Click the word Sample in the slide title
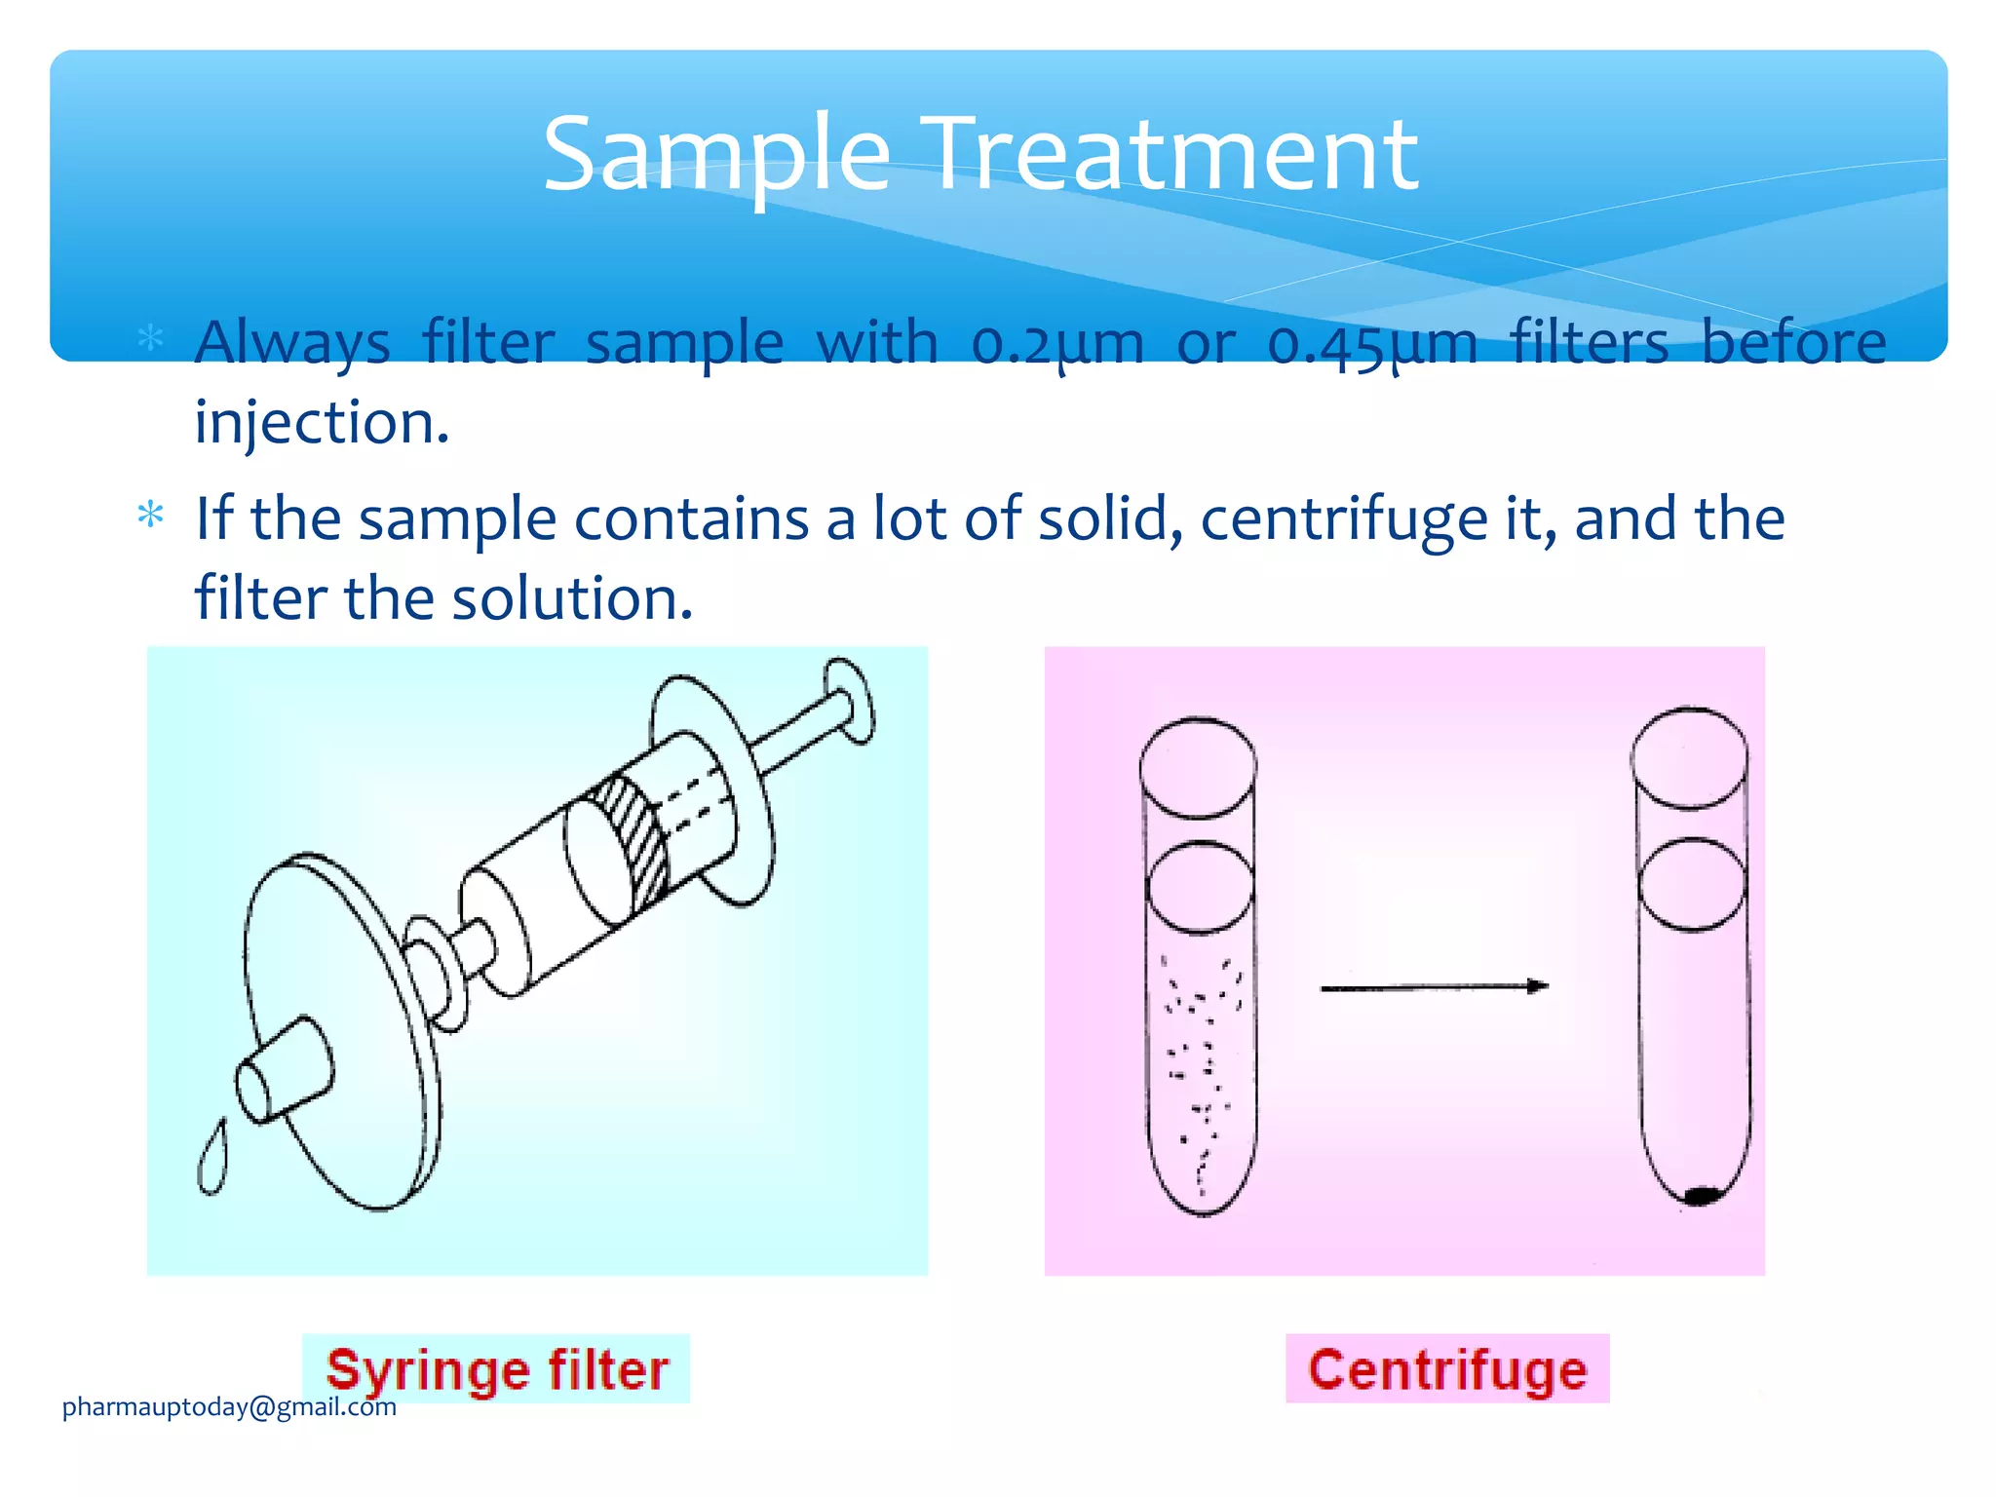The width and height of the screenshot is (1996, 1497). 716,154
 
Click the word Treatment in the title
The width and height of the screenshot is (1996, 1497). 1174,154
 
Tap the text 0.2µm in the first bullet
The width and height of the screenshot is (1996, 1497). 1057,343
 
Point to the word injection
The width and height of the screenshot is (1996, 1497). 322,423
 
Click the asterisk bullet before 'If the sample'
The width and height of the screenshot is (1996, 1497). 151,514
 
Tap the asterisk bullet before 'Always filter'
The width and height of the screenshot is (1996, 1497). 151,338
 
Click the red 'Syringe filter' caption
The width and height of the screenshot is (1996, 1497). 497,1369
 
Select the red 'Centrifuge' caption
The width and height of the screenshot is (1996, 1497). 1447,1369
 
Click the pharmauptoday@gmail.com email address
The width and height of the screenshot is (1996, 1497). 229,1406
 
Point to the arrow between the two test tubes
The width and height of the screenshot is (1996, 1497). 1433,987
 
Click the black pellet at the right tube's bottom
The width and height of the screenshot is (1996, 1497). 1701,1195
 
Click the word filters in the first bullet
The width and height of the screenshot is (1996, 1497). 1589,343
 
